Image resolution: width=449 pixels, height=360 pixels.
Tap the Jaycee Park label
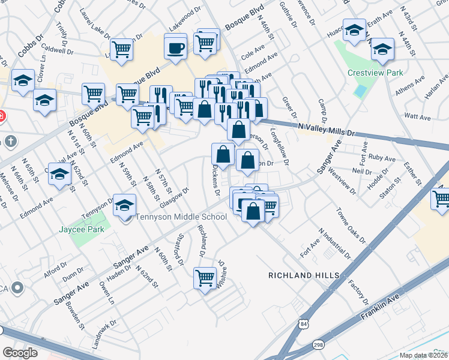coord(82,229)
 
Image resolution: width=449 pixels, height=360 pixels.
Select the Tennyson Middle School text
coord(181,217)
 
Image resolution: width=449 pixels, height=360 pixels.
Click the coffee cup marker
coord(176,48)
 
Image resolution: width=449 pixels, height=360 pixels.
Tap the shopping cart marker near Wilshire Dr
coord(205,278)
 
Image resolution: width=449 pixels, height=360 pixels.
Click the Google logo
coord(20,352)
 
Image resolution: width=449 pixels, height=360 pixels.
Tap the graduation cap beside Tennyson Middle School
coord(124,206)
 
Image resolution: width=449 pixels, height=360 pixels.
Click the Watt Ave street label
coord(415,115)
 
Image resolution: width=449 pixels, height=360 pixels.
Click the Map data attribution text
coord(423,355)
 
